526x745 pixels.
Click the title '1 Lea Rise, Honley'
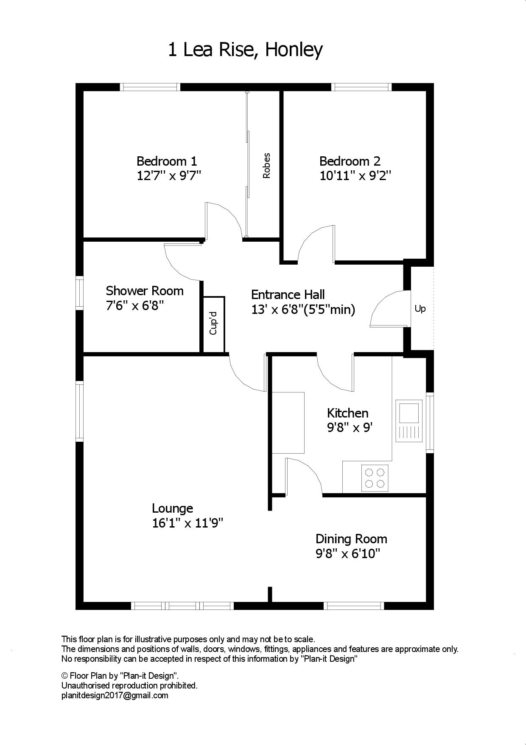pos(245,50)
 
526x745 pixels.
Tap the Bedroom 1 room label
pos(167,161)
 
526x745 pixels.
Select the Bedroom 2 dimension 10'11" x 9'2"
pos(355,175)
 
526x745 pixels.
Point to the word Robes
pos(266,166)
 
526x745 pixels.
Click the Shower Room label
pos(145,291)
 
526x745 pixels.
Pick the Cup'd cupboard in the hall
pos(213,324)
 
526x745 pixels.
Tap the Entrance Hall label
pos(288,294)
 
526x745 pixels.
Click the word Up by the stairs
pos(420,309)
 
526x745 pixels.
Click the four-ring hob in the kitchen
pos(375,478)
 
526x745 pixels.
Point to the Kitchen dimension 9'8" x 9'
pos(350,427)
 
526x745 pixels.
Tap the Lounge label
pos(172,508)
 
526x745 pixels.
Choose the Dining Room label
pos(351,539)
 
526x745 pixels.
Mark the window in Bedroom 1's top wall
pos(150,87)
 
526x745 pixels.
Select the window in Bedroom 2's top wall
pos(361,87)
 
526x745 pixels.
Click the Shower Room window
pos(79,293)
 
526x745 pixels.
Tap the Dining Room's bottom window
pos(354,606)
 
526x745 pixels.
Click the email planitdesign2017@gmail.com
pos(115,696)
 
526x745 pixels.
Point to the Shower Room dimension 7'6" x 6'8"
pos(135,305)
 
